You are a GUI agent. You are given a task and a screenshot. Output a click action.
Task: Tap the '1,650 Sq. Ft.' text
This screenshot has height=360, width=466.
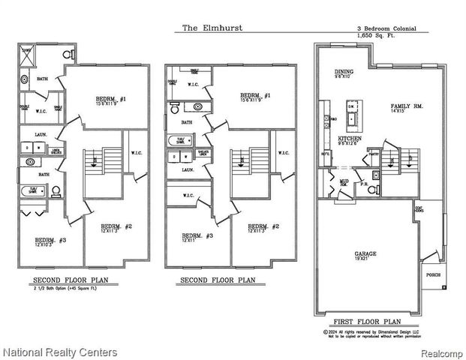coord(374,34)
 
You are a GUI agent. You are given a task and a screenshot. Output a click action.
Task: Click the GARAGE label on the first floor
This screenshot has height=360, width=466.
coord(365,254)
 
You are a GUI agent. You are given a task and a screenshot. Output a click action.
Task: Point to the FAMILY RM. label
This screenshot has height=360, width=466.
coord(407,107)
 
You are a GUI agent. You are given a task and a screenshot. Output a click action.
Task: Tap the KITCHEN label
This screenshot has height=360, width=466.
coord(350,139)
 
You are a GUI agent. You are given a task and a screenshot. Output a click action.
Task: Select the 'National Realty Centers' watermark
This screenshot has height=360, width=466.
coord(60,351)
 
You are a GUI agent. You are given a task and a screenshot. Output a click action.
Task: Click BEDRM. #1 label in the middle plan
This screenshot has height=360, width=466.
coord(255,96)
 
